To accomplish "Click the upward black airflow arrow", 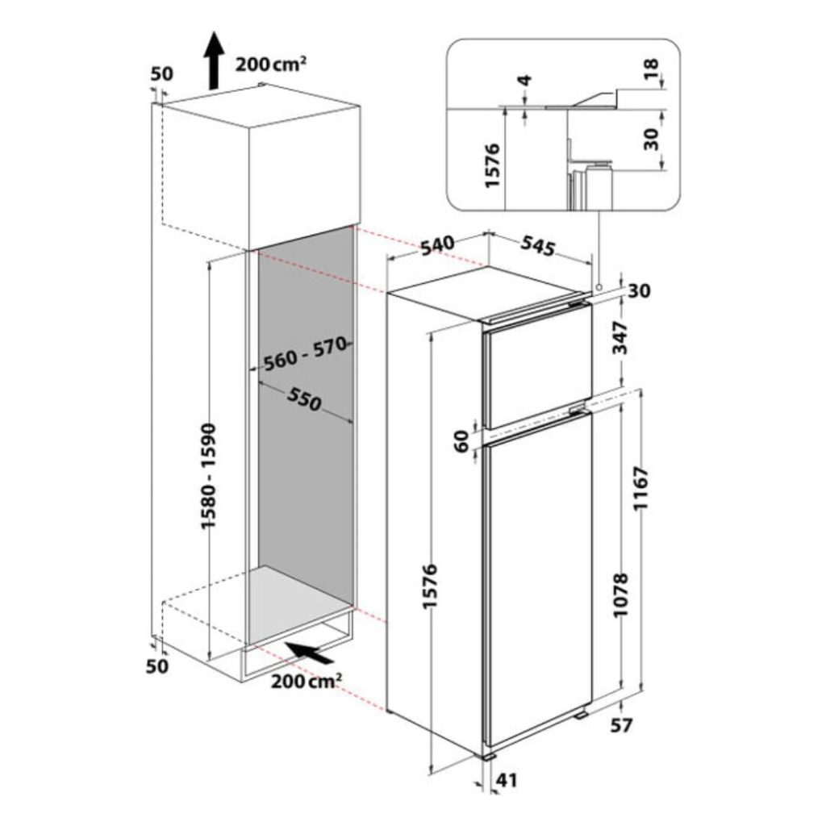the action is [213, 60].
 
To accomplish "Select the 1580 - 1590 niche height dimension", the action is [208, 476].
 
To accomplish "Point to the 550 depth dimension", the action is [304, 400].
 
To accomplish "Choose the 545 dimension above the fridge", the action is [538, 245].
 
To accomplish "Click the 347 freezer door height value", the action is [622, 338].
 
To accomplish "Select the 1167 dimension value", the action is [641, 488].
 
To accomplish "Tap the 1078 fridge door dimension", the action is [622, 594].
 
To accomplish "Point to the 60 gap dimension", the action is [461, 441].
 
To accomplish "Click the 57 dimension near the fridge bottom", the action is [621, 725].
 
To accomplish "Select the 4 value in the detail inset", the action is [524, 81].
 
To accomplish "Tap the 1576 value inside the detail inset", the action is [491, 165].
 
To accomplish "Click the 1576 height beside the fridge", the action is [431, 586].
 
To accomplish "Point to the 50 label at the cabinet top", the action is [161, 73].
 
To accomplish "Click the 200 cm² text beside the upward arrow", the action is [271, 65].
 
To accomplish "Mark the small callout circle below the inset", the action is [599, 287].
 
